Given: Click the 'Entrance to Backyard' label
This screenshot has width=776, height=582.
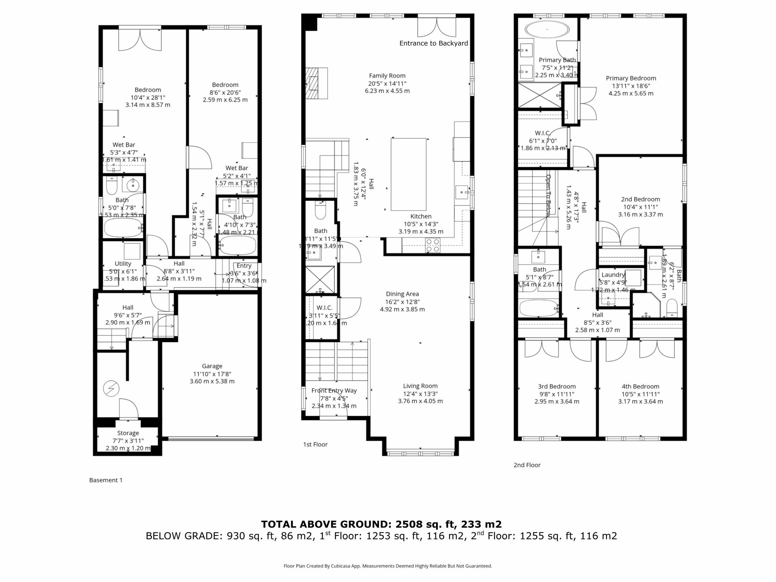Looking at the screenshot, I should [433, 43].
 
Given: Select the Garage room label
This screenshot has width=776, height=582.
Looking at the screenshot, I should [212, 366].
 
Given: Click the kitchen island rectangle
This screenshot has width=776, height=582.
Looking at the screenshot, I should [408, 174].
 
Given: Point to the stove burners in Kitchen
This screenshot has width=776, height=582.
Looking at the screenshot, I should [432, 245].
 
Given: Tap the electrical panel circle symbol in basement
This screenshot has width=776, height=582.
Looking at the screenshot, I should [111, 389].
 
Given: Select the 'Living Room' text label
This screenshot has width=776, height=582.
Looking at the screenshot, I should [420, 386].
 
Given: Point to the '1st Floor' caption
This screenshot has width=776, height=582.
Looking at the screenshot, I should [315, 444].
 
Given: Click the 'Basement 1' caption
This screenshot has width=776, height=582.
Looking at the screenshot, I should [105, 480].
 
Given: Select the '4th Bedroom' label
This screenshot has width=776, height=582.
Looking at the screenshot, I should [640, 386].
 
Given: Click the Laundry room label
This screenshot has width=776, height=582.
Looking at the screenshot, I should [613, 275].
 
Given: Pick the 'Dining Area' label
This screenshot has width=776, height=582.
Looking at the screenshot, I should [402, 294].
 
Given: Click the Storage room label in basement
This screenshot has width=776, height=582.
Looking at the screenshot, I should [128, 433].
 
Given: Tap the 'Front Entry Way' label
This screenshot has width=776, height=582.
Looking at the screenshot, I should [334, 390].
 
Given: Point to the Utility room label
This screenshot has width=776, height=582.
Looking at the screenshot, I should [123, 263].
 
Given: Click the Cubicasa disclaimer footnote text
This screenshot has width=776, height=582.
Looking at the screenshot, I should [388, 566].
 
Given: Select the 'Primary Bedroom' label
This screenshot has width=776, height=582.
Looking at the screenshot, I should [630, 78].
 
